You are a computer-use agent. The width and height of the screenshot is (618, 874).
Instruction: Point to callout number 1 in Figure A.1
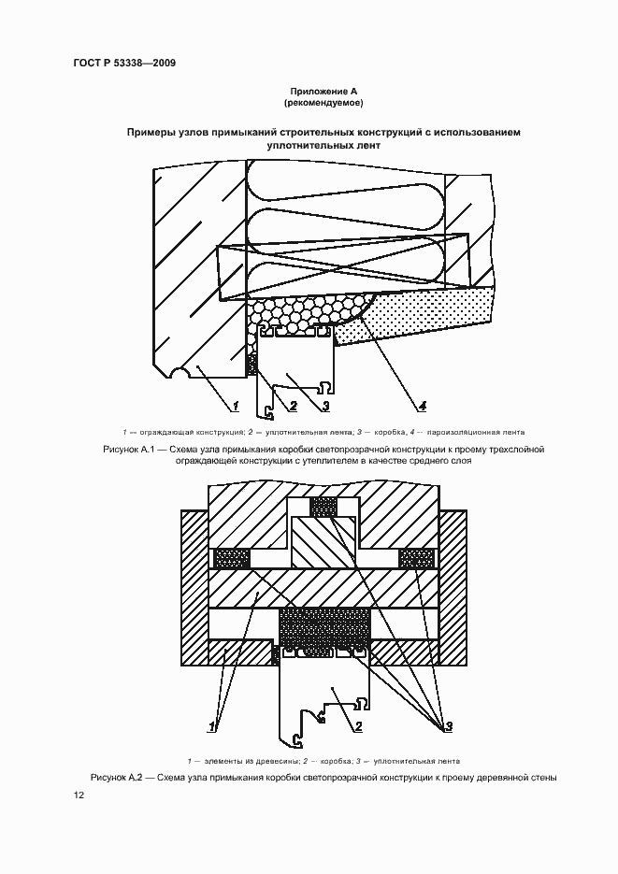click(x=237, y=406)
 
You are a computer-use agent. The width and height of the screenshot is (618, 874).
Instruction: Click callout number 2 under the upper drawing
click(x=293, y=406)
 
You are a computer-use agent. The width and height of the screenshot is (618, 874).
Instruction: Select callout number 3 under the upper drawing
click(x=323, y=406)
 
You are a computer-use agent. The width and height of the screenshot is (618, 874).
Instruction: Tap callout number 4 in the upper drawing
click(x=422, y=406)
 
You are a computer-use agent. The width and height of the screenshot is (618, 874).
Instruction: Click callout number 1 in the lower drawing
click(x=214, y=724)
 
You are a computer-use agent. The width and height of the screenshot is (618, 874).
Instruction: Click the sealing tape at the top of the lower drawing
click(x=323, y=506)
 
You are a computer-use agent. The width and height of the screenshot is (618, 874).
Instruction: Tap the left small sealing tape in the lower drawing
click(x=232, y=558)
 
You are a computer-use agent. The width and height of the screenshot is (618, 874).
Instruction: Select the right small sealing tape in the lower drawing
click(x=416, y=558)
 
